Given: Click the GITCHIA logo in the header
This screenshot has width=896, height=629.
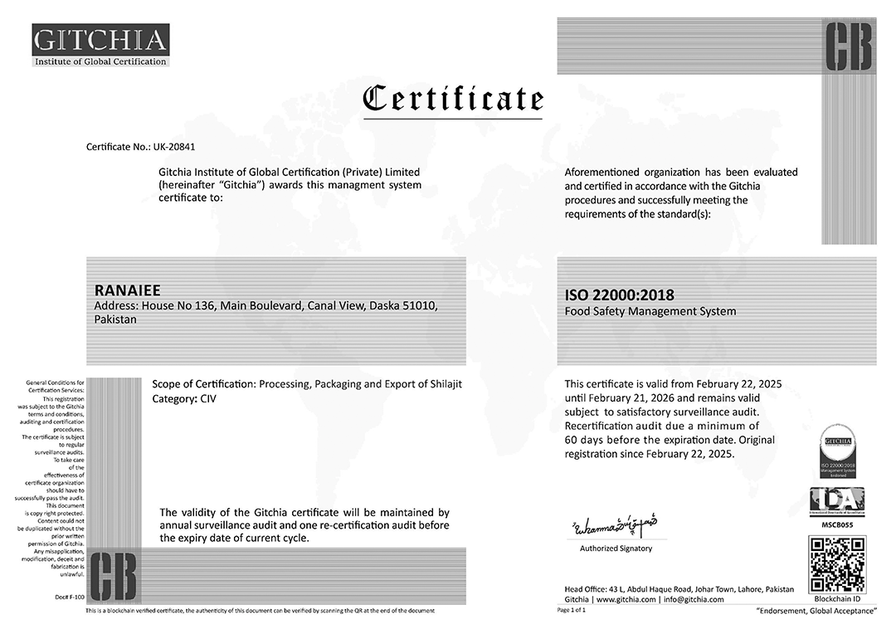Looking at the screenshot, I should pyautogui.click(x=100, y=45).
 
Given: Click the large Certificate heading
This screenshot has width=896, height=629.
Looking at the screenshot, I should pyautogui.click(x=454, y=99).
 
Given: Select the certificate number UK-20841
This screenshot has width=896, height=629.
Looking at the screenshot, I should pyautogui.click(x=174, y=147).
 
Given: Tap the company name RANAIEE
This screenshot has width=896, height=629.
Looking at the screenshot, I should pyautogui.click(x=129, y=290).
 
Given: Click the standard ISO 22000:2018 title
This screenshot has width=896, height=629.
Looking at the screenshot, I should pyautogui.click(x=620, y=295).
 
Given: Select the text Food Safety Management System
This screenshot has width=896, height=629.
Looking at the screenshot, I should pyautogui.click(x=650, y=312).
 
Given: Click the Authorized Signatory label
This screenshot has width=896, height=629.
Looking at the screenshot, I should pyautogui.click(x=616, y=549).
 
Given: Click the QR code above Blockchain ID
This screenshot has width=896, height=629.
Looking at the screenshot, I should pyautogui.click(x=837, y=564).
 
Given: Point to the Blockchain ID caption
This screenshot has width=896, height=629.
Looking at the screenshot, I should pyautogui.click(x=837, y=598).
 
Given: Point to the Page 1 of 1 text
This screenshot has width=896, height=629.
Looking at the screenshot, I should pyautogui.click(x=572, y=610).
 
